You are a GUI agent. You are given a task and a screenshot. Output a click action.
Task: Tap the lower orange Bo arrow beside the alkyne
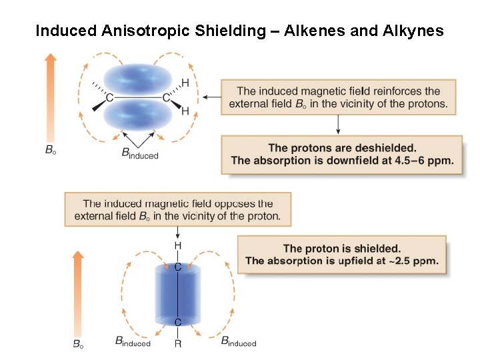78,293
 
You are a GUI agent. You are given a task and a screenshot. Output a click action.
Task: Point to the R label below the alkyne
178,344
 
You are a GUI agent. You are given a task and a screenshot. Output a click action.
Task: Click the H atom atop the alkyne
178,246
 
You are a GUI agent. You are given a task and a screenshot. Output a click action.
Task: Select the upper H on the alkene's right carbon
185,83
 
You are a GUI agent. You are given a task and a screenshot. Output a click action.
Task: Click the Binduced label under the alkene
140,154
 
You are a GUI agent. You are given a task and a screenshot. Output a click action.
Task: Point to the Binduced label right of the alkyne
239,342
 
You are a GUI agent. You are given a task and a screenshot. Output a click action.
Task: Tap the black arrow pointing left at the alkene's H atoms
212,97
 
